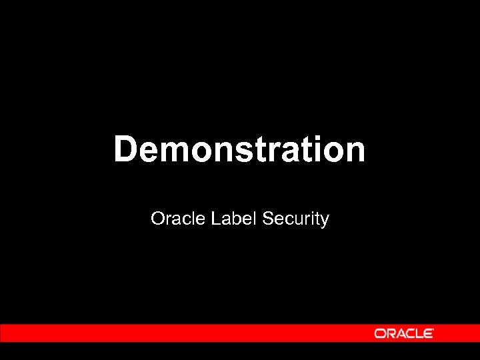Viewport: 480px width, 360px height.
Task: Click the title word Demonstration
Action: pos(239,149)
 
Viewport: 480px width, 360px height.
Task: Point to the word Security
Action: pos(296,219)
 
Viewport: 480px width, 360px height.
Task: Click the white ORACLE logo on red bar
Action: pos(404,333)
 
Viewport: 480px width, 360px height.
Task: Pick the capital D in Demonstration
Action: pos(125,149)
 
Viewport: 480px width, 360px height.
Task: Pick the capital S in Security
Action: pos(269,218)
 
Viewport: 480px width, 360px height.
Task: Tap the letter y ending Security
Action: pos(325,221)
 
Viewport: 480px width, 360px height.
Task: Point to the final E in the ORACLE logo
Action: pos(431,333)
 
